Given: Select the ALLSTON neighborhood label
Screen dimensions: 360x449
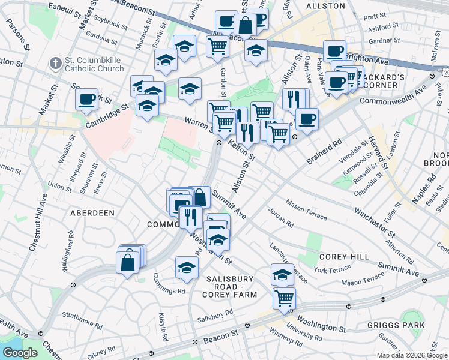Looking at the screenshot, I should (x=325, y=5).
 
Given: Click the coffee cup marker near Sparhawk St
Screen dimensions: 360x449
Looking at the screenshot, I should (x=87, y=99).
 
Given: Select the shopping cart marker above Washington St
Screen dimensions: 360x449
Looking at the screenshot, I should (x=284, y=298).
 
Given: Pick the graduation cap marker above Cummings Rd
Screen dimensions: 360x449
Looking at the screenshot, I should (x=187, y=268).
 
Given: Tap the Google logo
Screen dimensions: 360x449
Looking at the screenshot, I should (x=20, y=352).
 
